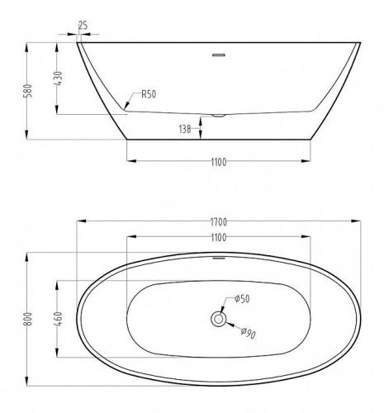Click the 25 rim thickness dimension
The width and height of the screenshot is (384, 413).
click(x=83, y=26)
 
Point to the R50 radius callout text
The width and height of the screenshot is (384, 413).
click(x=149, y=94)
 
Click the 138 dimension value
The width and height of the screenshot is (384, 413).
click(x=185, y=128)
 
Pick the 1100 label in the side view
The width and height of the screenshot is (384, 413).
click(x=218, y=163)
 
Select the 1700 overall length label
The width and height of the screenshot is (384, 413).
click(x=218, y=222)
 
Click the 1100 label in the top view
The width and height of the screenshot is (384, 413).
click(x=218, y=238)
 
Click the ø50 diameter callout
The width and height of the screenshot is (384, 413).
click(x=244, y=298)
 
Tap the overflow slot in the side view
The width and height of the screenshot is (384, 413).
click(x=219, y=55)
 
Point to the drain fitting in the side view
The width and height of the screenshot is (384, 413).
click(x=219, y=115)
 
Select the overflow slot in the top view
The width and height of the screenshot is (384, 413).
click(x=219, y=258)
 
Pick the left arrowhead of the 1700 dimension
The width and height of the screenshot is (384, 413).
click(x=80, y=222)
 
